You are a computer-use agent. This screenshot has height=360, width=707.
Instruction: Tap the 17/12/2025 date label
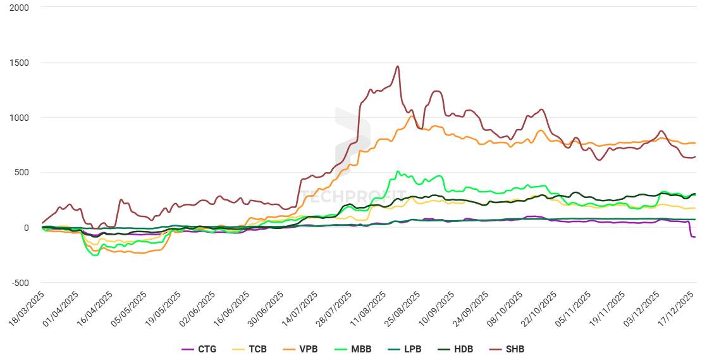(677, 309)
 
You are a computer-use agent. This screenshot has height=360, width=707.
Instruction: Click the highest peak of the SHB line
(397, 66)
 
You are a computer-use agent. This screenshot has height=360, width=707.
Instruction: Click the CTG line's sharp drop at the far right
(691, 235)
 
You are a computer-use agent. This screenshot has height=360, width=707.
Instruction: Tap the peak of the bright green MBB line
(397, 171)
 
